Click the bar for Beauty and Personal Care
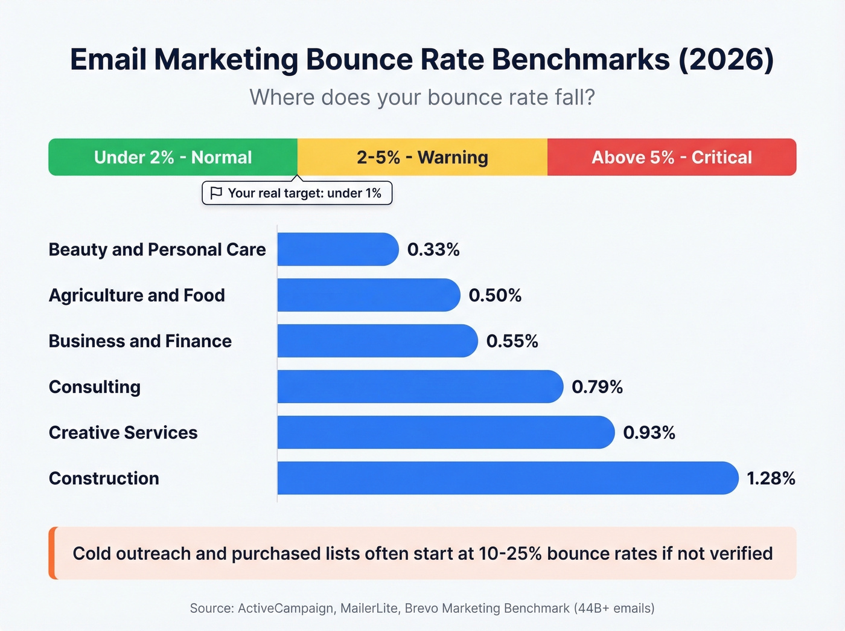[337, 249]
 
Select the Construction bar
[507, 478]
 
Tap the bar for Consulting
[419, 386]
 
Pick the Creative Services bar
[445, 432]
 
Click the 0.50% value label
[495, 295]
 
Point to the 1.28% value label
[771, 478]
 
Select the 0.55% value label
[512, 341]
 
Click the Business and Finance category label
[140, 341]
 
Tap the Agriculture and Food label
[136, 295]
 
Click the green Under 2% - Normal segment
[173, 157]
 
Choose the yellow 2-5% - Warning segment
[422, 157]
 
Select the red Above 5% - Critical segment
[671, 157]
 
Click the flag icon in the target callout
[215, 193]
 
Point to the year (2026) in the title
[726, 59]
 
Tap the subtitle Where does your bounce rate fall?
[422, 97]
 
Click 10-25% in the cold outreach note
[510, 554]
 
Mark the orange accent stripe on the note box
[53, 553]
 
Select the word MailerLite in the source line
[369, 608]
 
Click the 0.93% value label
[649, 432]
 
